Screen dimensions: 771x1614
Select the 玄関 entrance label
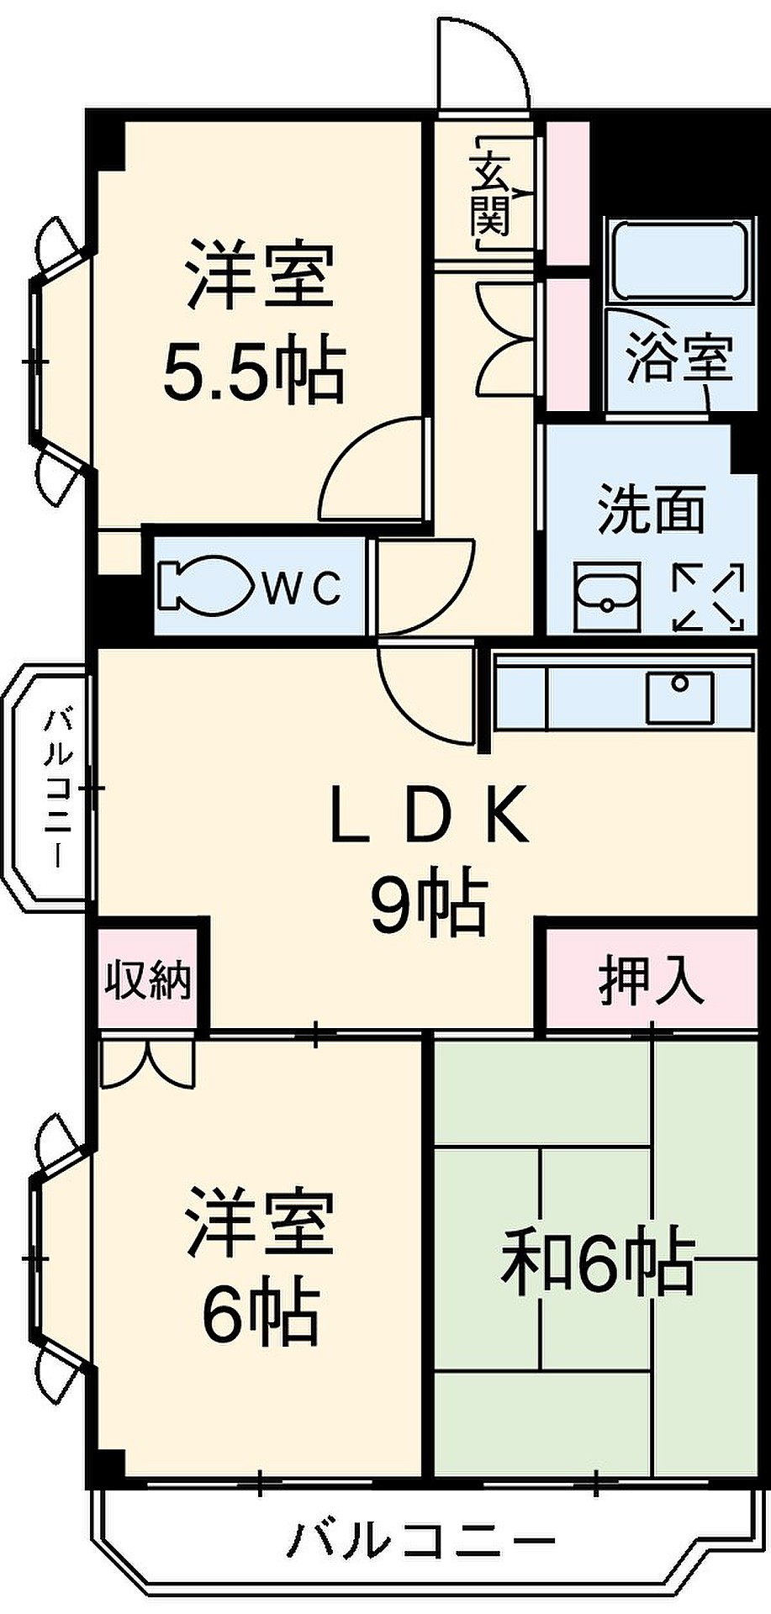coord(490,194)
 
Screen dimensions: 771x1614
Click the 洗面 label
coord(651,509)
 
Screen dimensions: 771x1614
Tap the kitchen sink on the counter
coord(679,695)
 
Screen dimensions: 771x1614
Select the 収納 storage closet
coord(148,978)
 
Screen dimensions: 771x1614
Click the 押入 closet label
coord(651,980)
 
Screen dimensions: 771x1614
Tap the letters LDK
coord(430,814)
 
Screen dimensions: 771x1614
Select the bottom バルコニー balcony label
coord(422,1540)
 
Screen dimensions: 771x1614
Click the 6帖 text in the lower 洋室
coord(261,1312)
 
